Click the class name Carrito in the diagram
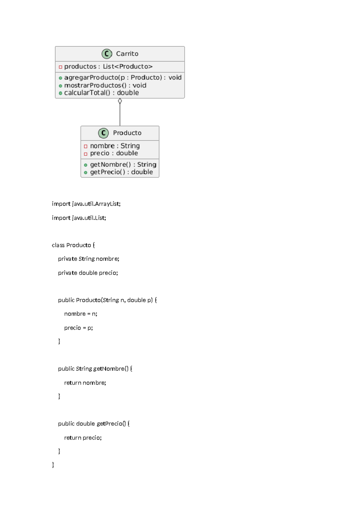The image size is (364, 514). pyautogui.click(x=127, y=54)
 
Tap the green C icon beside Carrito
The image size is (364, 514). pyautogui.click(x=107, y=54)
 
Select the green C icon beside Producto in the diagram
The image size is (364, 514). pyautogui.click(x=103, y=133)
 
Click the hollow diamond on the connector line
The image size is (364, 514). pyautogui.click(x=120, y=101)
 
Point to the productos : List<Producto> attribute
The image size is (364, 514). pyautogui.click(x=108, y=66)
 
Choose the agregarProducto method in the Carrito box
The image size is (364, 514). pyautogui.click(x=123, y=78)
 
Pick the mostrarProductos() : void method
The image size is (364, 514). pyautogui.click(x=105, y=85)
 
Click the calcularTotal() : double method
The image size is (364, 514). pyautogui.click(x=101, y=93)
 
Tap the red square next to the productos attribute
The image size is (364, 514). pyautogui.click(x=60, y=67)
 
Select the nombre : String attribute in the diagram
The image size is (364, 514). pyautogui.click(x=115, y=146)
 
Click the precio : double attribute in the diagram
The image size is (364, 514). pyautogui.click(x=114, y=153)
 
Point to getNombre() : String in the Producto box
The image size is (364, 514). pyautogui.click(x=123, y=165)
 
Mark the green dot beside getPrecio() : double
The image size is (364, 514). pyautogui.click(x=86, y=172)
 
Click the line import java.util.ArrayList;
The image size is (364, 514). pyautogui.click(x=86, y=204)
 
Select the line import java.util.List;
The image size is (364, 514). pyautogui.click(x=79, y=218)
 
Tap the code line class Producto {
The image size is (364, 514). pyautogui.click(x=73, y=245)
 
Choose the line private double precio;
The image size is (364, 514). pyautogui.click(x=88, y=273)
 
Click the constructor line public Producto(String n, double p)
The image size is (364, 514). pyautogui.click(x=107, y=300)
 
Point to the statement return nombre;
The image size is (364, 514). pyautogui.click(x=85, y=383)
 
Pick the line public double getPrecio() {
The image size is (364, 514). pyautogui.click(x=94, y=424)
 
